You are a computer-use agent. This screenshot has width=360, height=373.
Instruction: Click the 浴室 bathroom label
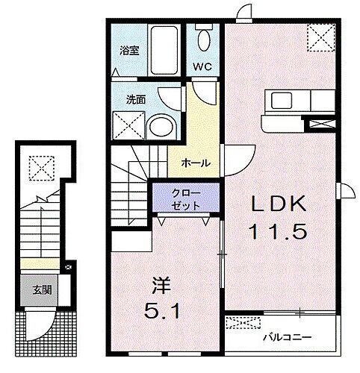pos(130,51)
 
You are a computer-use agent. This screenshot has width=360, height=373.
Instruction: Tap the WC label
pos(203,66)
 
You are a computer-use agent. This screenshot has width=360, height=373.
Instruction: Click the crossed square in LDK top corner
pos(322,35)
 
